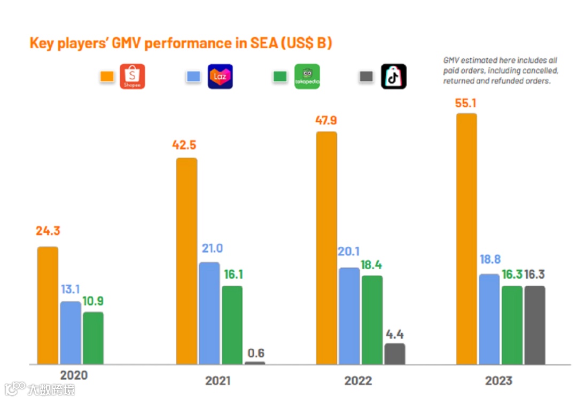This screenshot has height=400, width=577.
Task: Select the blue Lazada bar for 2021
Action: coord(209,313)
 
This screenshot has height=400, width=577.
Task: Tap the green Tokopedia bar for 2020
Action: coord(93,338)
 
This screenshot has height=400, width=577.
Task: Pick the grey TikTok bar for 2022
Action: coord(394,354)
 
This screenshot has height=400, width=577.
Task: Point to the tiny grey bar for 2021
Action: coord(255,363)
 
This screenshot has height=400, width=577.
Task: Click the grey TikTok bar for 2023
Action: coord(534,325)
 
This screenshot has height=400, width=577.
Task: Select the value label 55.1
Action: coord(466,103)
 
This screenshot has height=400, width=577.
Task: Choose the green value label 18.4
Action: coord(372,265)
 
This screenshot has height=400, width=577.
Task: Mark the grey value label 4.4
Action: coord(394,334)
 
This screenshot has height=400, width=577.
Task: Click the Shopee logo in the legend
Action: coord(132,76)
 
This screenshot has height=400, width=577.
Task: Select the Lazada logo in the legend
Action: coord(220,76)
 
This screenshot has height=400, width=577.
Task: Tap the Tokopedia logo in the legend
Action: coord(307,76)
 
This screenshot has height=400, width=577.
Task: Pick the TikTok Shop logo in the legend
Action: coord(394,76)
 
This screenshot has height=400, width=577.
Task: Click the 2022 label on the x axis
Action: coord(357,381)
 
